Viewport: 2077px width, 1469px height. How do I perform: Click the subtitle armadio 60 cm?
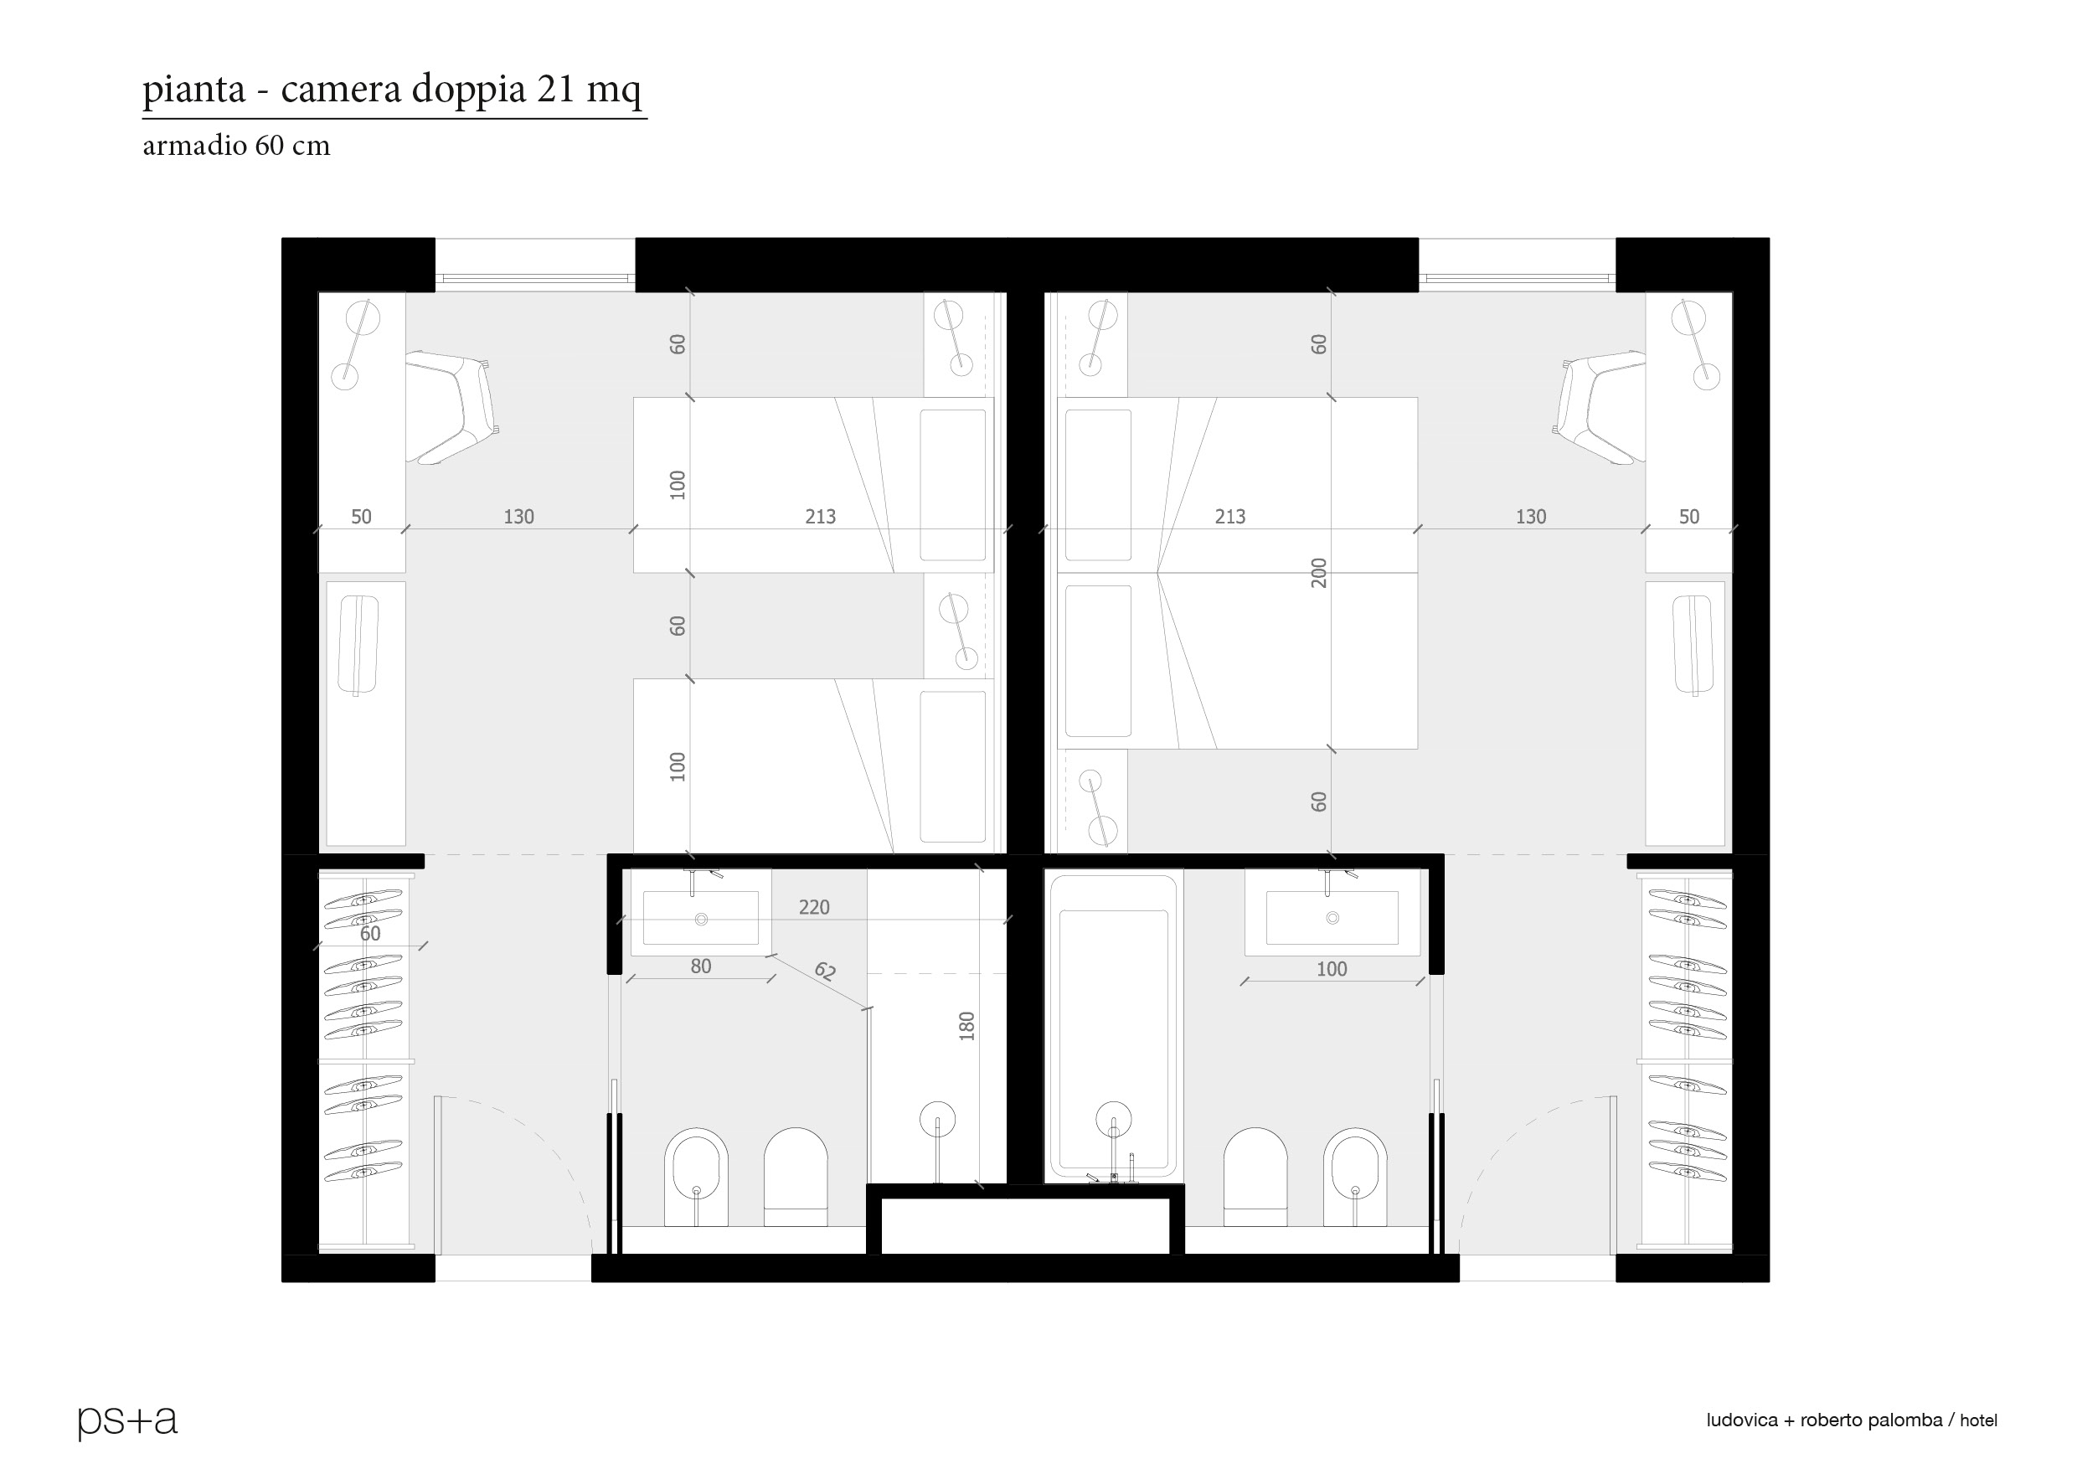tap(236, 146)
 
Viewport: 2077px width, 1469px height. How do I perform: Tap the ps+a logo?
tap(127, 1421)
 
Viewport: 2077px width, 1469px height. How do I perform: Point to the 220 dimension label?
tap(814, 907)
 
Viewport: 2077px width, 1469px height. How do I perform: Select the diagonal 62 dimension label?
tap(825, 972)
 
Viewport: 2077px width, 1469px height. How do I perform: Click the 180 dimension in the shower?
tap(966, 1026)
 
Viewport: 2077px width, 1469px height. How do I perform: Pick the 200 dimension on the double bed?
tap(1319, 573)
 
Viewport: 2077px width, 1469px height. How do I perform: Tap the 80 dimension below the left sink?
tap(701, 966)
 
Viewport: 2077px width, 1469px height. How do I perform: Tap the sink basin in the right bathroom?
tap(1332, 917)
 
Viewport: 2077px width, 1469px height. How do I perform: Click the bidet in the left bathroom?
tap(696, 1177)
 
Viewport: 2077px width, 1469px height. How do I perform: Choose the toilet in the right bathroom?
tap(1255, 1177)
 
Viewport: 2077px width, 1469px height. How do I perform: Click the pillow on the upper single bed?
tap(952, 485)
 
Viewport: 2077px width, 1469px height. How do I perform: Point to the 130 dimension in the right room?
tap(1531, 517)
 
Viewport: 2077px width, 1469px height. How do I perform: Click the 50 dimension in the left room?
tap(361, 517)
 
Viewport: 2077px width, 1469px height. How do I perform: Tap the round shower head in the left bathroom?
tap(937, 1118)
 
